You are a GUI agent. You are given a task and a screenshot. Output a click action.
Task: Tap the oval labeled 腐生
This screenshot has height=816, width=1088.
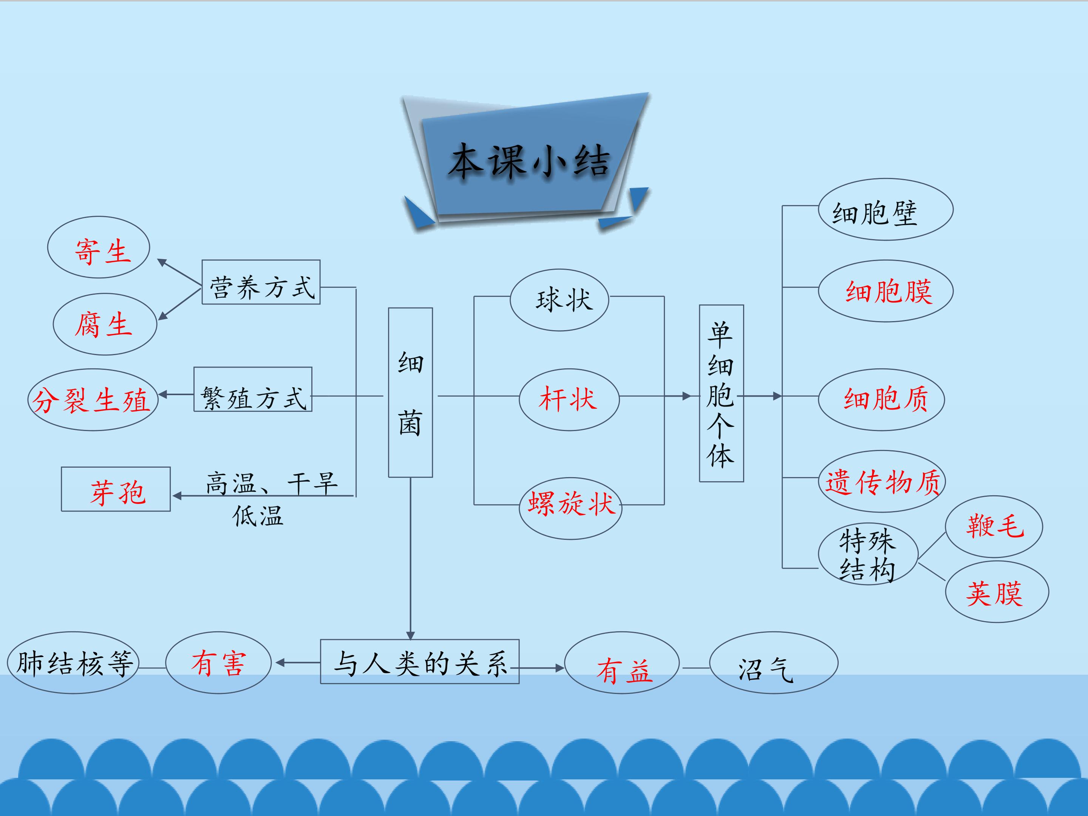pyautogui.click(x=105, y=324)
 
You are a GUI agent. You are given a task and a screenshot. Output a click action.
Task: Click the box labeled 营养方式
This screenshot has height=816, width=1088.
pyautogui.click(x=261, y=282)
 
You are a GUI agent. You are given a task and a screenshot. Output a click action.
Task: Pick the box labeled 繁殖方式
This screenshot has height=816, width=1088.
pyautogui.click(x=253, y=389)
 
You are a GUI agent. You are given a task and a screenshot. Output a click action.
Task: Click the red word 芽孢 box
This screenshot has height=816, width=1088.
pyautogui.click(x=116, y=489)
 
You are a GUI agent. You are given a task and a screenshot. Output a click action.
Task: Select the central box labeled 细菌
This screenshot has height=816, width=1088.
pyautogui.click(x=410, y=393)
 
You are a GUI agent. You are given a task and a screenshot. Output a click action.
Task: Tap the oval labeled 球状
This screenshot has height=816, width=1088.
pyautogui.click(x=559, y=300)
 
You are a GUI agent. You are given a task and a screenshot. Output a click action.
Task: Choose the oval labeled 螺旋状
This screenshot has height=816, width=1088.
pyautogui.click(x=570, y=508)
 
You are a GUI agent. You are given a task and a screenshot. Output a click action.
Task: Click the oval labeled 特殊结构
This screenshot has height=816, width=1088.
pyautogui.click(x=868, y=554)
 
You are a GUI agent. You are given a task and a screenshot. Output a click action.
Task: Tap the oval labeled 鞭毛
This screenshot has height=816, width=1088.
pyautogui.click(x=994, y=526)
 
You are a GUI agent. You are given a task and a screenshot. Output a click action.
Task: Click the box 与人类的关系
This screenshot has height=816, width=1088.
pyautogui.click(x=420, y=661)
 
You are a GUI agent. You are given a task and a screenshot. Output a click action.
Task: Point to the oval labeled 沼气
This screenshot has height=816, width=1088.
pyautogui.click(x=773, y=663)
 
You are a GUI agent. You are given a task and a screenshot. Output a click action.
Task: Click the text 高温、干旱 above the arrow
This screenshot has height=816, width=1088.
pyautogui.click(x=272, y=483)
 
